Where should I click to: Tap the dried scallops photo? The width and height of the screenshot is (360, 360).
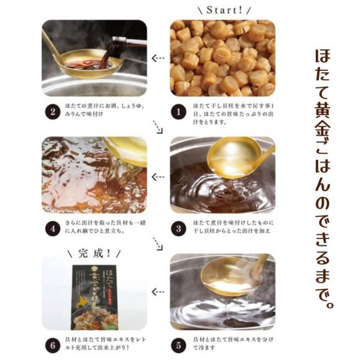point(221,59)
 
